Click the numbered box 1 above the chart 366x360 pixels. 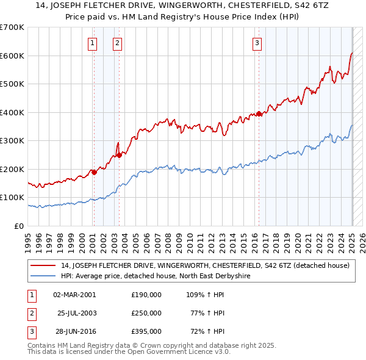click(92, 43)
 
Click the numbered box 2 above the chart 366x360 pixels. click(117, 43)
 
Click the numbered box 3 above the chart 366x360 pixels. click(257, 43)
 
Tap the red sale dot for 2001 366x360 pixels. click(95, 172)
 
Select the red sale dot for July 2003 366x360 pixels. click(120, 155)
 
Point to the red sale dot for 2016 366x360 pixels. click(259, 113)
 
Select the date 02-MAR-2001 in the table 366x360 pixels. click(74, 294)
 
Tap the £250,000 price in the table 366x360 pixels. click(146, 312)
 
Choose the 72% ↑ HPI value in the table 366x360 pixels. click(206, 331)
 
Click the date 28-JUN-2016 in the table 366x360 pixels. click(74, 331)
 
